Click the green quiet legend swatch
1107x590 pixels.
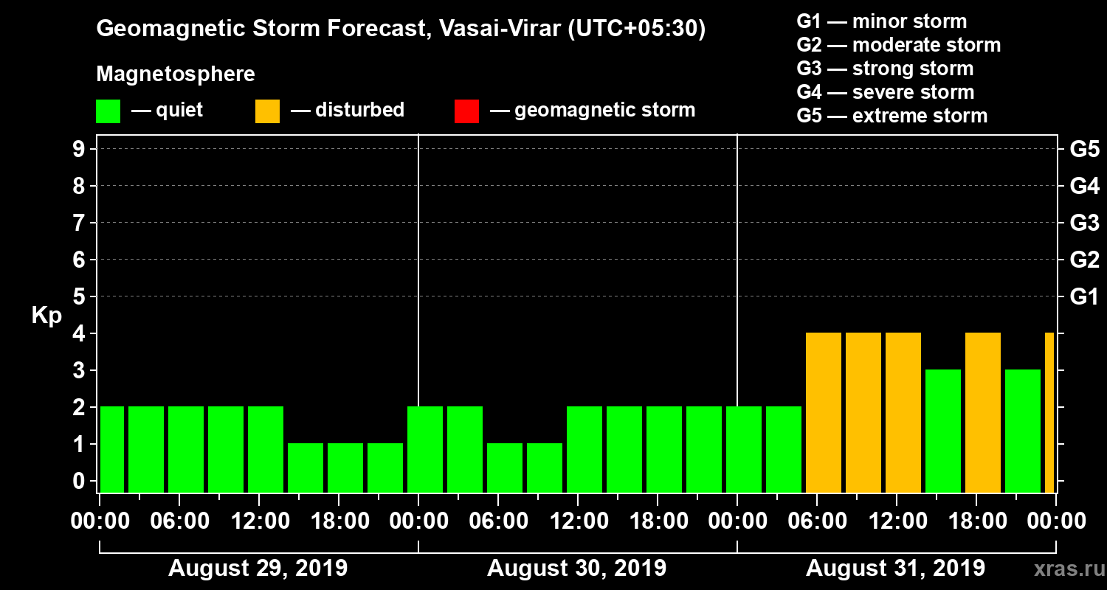(108, 111)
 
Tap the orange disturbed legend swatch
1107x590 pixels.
(267, 111)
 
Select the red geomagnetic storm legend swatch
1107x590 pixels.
(466, 111)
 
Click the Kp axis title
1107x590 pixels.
(46, 316)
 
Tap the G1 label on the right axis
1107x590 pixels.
(1084, 297)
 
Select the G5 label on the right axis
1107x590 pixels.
(1084, 150)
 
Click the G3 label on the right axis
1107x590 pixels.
(1084, 223)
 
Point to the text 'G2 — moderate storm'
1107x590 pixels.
(898, 45)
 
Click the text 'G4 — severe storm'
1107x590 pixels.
(885, 92)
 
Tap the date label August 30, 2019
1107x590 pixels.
(576, 569)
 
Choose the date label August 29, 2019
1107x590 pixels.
(258, 569)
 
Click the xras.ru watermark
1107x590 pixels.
(1063, 569)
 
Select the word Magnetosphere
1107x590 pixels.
(176, 74)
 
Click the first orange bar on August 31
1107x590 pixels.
(824, 413)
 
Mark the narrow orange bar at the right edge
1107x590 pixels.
(1049, 413)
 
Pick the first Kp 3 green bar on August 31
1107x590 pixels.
(943, 431)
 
